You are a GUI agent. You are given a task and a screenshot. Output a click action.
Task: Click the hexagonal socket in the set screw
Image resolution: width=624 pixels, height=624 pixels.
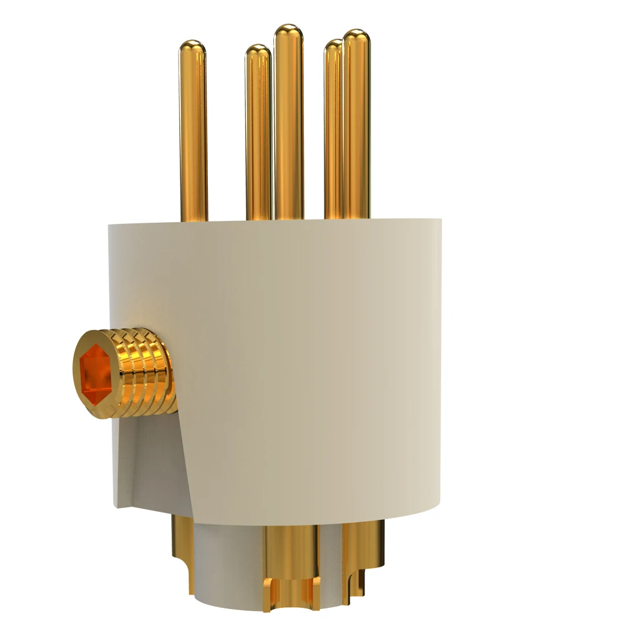pos(95,374)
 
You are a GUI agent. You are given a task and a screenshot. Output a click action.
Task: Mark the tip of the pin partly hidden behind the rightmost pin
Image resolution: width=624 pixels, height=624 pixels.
pos(333,44)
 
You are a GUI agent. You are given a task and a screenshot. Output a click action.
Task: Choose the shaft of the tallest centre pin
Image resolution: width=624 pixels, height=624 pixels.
pos(289,125)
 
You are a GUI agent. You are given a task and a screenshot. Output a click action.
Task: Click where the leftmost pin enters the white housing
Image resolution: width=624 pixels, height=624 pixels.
pos(193,219)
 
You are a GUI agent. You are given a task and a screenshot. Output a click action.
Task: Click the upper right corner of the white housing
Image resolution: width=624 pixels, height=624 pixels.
pos(439,222)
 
